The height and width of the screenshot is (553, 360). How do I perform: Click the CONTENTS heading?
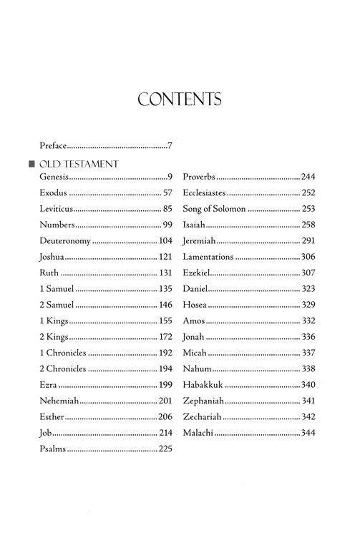pos(180,99)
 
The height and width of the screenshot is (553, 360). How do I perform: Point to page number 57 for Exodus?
pos(168,193)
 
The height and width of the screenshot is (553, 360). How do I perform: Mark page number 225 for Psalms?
pos(166,451)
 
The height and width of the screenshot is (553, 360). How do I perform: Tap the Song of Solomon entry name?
pos(214,210)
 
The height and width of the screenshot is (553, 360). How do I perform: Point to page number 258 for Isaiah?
pos(308,226)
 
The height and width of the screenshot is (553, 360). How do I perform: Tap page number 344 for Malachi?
pos(308,434)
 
